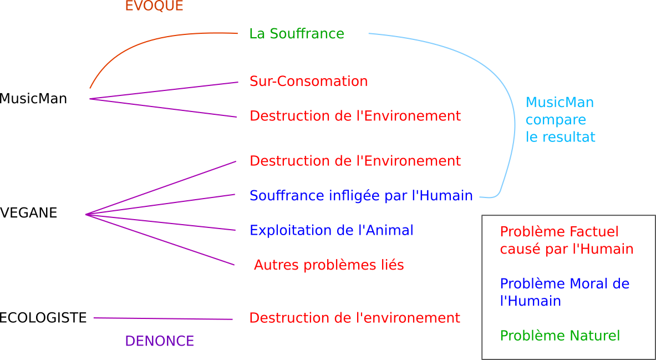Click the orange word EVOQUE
click(154, 6)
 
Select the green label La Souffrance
click(297, 34)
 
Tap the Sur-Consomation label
click(308, 82)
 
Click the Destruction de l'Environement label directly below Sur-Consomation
click(355, 116)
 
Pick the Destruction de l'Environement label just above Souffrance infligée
click(355, 161)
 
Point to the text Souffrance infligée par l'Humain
click(361, 196)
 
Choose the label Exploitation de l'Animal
click(331, 230)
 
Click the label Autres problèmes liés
click(329, 266)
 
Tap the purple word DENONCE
click(160, 342)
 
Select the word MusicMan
click(560, 103)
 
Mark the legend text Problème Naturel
click(560, 336)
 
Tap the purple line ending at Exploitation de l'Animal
click(161, 222)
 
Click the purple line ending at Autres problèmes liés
click(161, 240)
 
